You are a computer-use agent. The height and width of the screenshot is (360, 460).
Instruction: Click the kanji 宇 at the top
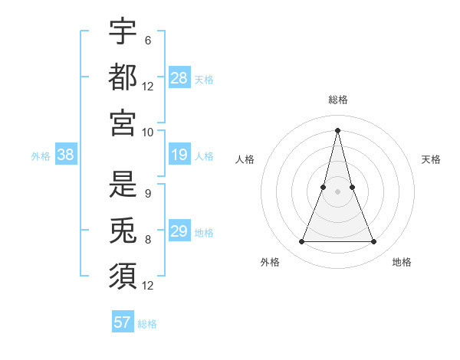pyautogui.click(x=123, y=31)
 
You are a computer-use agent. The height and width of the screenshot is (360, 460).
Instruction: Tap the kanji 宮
pyautogui.click(x=123, y=123)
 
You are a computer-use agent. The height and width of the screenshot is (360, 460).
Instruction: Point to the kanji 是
pyautogui.click(x=123, y=185)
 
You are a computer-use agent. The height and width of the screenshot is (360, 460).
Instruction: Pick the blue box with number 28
pyautogui.click(x=179, y=78)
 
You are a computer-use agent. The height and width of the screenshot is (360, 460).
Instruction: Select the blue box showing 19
pyautogui.click(x=179, y=155)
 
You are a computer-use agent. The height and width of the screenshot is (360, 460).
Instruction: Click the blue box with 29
pyautogui.click(x=179, y=231)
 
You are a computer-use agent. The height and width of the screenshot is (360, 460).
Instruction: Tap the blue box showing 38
pyautogui.click(x=66, y=155)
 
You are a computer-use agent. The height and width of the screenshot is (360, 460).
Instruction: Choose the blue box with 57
pyautogui.click(x=123, y=322)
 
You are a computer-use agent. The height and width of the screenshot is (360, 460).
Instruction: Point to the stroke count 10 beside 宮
pyautogui.click(x=147, y=132)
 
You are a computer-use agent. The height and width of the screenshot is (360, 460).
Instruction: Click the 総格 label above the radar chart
pyautogui.click(x=337, y=100)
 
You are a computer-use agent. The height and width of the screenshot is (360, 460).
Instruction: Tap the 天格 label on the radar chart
pyautogui.click(x=431, y=159)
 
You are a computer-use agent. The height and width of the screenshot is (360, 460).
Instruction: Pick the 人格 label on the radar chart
pyautogui.click(x=245, y=159)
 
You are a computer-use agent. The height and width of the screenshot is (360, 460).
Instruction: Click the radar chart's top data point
pyautogui.click(x=337, y=129)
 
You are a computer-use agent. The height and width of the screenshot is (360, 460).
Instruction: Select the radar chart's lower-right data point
pyautogui.click(x=374, y=242)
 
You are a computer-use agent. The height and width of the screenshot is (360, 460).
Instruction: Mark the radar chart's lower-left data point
pyautogui.click(x=301, y=242)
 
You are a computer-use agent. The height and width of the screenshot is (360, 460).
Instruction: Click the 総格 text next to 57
pyautogui.click(x=147, y=324)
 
